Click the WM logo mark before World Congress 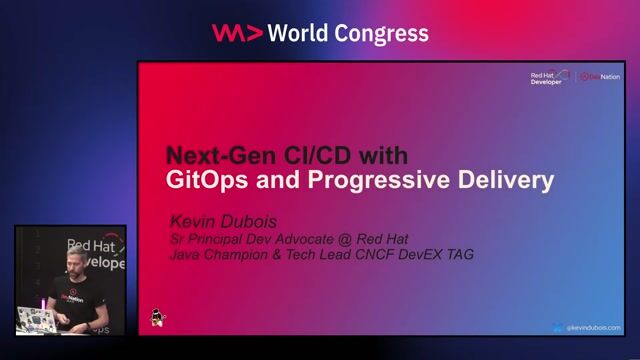coord(237,33)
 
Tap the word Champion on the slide coord(247,255)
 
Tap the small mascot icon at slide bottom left coord(157,317)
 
